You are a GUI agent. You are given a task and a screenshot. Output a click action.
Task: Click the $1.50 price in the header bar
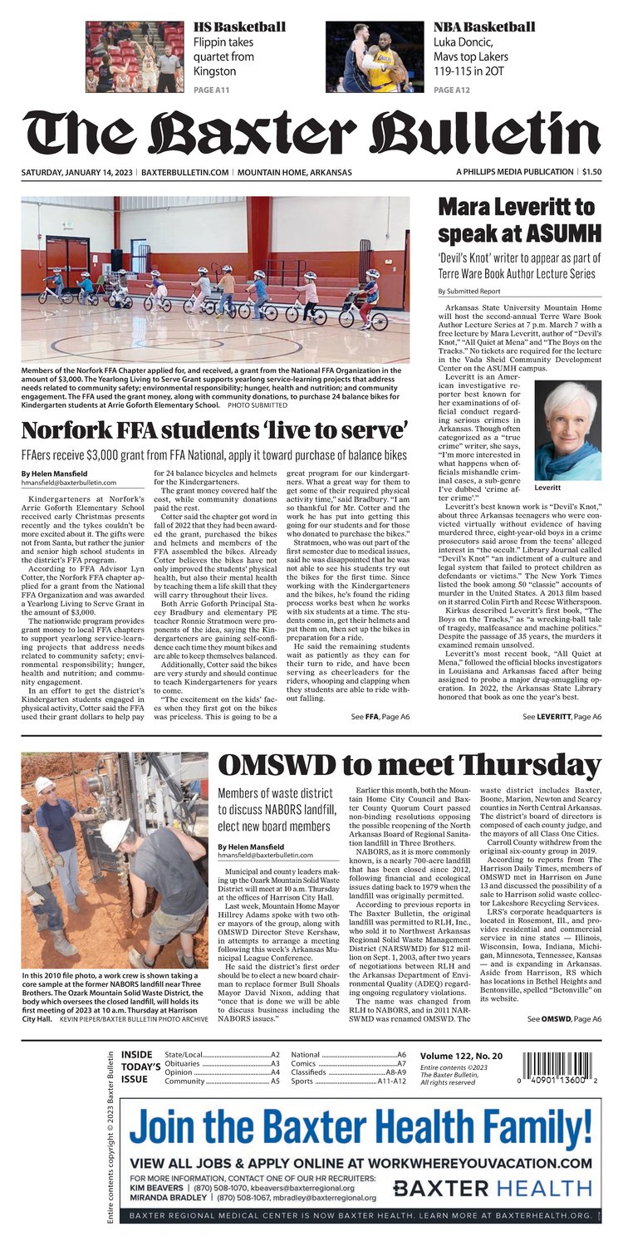(591, 172)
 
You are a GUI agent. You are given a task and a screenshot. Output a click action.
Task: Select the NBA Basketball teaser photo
(375, 56)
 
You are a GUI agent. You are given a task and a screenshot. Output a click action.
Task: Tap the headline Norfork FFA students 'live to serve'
(214, 431)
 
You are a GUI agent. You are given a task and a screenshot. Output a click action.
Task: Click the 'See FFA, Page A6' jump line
(380, 715)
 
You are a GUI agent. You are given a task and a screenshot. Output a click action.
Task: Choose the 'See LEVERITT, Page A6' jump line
(562, 715)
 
